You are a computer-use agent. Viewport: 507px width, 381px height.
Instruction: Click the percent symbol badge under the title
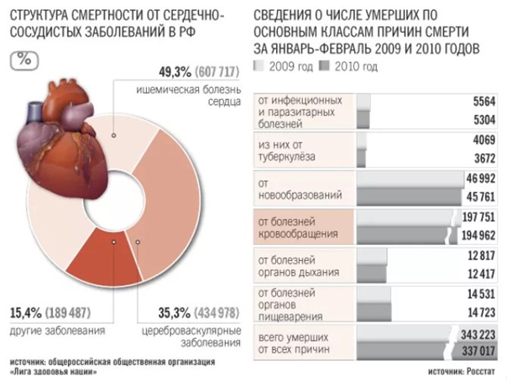click(26, 61)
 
